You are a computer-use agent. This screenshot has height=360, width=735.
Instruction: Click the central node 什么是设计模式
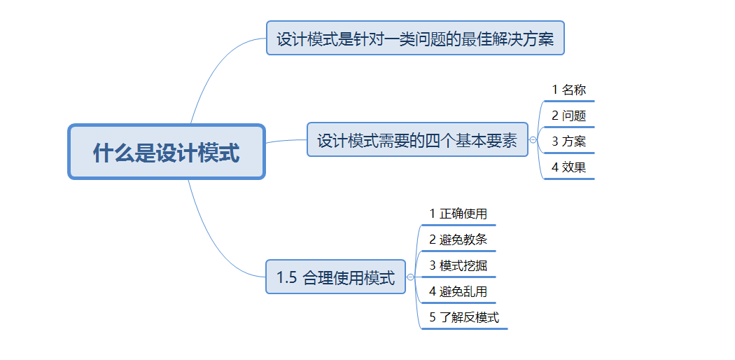click(166, 152)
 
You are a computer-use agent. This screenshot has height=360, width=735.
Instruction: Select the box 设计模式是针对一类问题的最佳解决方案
click(414, 38)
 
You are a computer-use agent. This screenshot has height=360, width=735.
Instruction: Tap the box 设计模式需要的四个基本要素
click(417, 140)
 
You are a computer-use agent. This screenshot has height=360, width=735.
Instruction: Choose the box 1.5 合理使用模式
click(335, 277)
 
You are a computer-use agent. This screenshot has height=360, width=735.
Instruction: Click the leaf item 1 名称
click(568, 90)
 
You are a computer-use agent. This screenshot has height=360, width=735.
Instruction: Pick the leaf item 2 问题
click(568, 116)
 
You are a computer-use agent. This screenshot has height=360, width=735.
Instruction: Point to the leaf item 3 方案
click(568, 141)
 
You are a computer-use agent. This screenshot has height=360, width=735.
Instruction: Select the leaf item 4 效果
click(568, 167)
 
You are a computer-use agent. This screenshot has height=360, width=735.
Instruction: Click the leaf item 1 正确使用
click(458, 214)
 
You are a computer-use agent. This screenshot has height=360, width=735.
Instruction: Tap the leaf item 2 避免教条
click(458, 240)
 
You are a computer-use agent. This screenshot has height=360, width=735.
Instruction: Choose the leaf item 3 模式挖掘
click(458, 265)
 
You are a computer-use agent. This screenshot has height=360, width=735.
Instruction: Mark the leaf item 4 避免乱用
click(458, 291)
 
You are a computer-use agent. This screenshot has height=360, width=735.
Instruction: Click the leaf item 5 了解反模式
click(464, 317)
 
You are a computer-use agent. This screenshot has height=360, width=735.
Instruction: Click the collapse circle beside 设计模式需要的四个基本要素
click(533, 140)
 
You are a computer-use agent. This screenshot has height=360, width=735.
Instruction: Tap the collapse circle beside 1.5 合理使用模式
click(410, 277)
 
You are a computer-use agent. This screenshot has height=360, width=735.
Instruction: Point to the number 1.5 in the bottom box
click(287, 277)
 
